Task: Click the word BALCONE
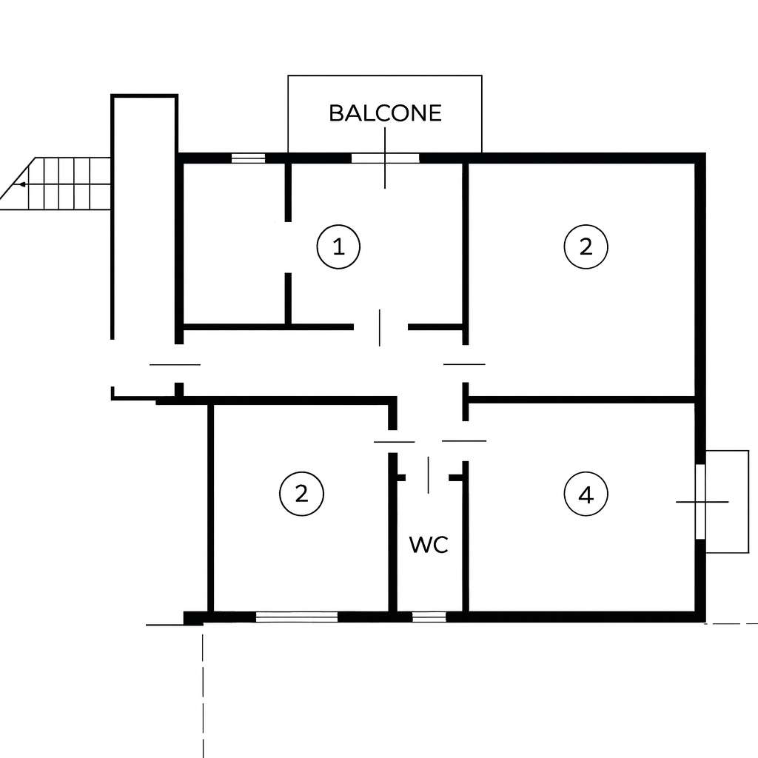(x=385, y=113)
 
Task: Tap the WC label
(x=429, y=545)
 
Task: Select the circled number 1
(x=338, y=246)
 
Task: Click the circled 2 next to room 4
(x=586, y=246)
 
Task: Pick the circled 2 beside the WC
(x=302, y=494)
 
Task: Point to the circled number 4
(x=586, y=494)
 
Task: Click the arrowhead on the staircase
(x=21, y=184)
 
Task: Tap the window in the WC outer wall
(x=429, y=617)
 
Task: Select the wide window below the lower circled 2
(x=297, y=617)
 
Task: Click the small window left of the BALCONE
(x=249, y=158)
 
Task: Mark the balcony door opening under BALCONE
(x=385, y=158)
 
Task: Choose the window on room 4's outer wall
(x=700, y=501)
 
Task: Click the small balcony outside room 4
(x=727, y=501)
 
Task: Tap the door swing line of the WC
(x=428, y=474)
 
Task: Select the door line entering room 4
(x=464, y=441)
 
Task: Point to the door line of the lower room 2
(x=395, y=441)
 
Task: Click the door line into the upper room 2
(x=464, y=364)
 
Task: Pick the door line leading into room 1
(x=380, y=328)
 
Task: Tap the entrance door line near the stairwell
(x=175, y=364)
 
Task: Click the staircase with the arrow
(x=56, y=184)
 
